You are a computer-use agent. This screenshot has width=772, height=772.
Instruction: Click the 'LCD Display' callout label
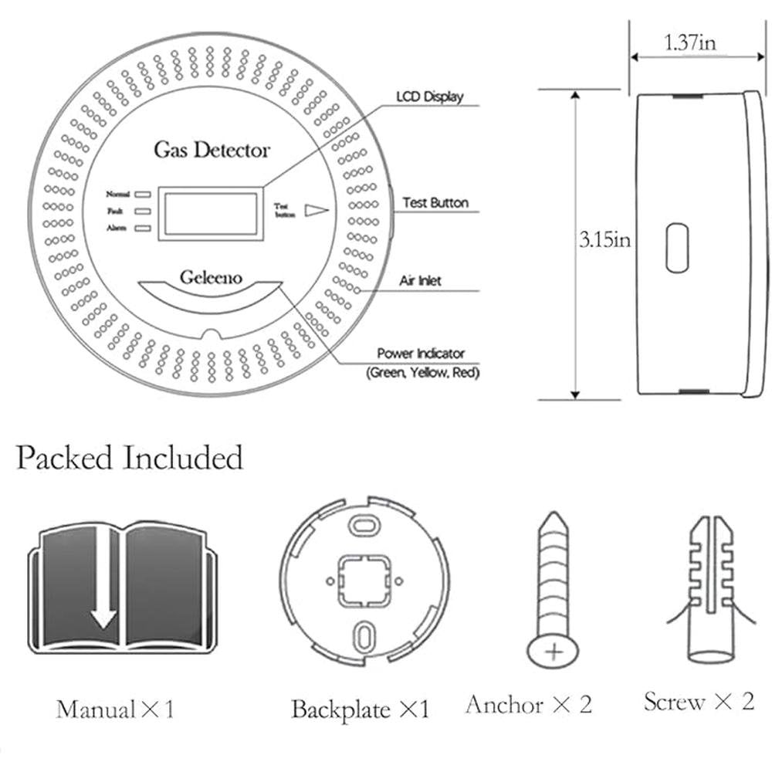tap(430, 96)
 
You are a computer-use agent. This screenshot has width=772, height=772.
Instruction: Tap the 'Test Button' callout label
tap(435, 202)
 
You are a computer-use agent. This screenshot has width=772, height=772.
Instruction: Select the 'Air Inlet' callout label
tap(420, 281)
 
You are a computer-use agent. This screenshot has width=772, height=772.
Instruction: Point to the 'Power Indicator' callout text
tap(421, 353)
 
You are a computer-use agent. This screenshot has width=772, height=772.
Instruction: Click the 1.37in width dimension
tap(690, 42)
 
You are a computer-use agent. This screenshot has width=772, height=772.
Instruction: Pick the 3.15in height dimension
tap(604, 240)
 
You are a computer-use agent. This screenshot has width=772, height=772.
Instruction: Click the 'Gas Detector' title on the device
tap(212, 151)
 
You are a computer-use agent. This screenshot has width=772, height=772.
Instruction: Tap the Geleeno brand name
tap(211, 277)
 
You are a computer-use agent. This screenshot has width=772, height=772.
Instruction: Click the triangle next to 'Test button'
tap(316, 210)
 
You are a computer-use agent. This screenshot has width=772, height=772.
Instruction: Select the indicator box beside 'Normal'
tap(143, 195)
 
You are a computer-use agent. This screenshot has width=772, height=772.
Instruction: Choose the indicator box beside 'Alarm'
tap(143, 229)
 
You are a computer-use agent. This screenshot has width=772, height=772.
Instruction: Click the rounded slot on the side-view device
tap(677, 248)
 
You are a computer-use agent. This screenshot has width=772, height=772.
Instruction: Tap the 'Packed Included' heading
tap(130, 457)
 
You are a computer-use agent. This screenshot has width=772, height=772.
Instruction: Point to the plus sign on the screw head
tap(554, 652)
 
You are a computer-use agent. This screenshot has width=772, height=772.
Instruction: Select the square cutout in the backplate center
tap(364, 581)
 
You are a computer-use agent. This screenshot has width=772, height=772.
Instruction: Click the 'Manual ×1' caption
tap(115, 709)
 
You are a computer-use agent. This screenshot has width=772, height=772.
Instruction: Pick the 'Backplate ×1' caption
tap(361, 709)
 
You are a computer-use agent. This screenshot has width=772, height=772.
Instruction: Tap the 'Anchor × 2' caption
tap(528, 704)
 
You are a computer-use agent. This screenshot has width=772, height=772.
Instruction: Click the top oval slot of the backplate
tap(364, 525)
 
